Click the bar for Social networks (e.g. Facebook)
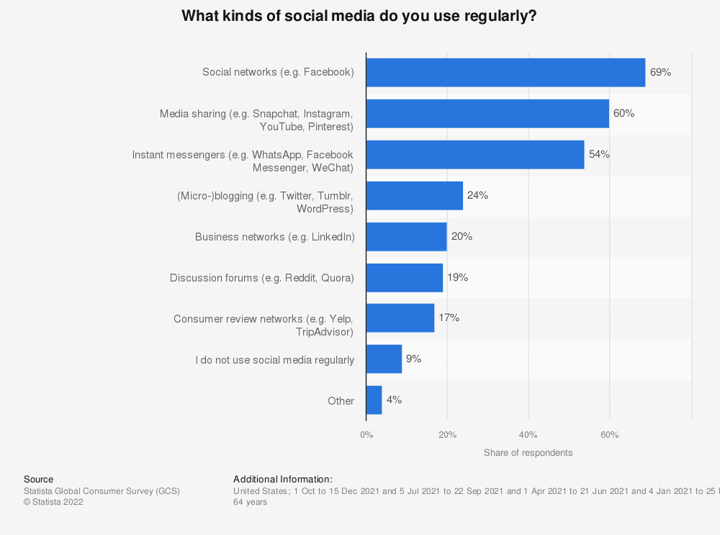tap(505, 73)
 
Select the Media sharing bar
tap(487, 114)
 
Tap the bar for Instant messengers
tap(475, 154)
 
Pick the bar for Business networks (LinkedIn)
tap(406, 237)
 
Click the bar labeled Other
tap(374, 400)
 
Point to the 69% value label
tap(660, 73)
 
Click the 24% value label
tap(477, 195)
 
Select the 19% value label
tap(457, 277)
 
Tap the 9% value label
tap(413, 359)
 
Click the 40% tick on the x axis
tap(528, 435)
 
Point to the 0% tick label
tap(366, 435)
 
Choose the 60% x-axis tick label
tap(609, 435)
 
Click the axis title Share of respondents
tap(528, 453)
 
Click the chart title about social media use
tap(359, 16)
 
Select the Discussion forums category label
tap(262, 277)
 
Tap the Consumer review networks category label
tap(264, 325)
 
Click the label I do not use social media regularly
tap(275, 359)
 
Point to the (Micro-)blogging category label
tap(265, 202)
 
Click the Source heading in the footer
tap(38, 479)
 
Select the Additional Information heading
tap(283, 479)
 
